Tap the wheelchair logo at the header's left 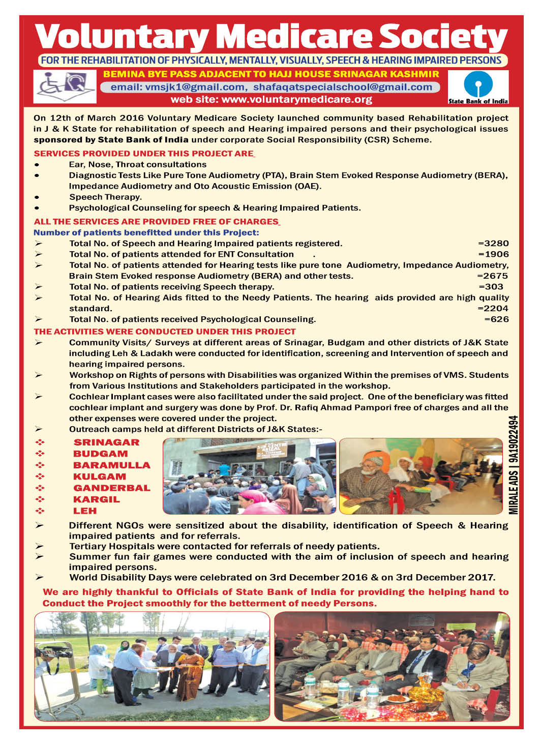[65, 86]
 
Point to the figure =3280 [493, 244]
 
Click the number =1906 [493, 254]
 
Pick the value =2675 [493, 276]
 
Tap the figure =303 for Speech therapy [491, 287]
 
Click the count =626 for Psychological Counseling [496, 319]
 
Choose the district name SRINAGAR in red [106, 442]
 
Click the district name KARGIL [97, 499]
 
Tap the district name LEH [85, 511]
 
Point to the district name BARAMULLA [112, 465]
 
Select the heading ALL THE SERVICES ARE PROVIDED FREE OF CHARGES [156, 222]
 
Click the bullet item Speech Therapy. [106, 197]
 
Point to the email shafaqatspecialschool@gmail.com [343, 87]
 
